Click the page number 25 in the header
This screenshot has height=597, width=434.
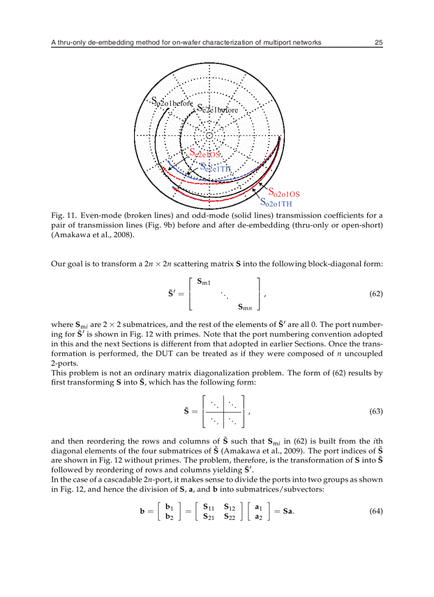tap(378, 43)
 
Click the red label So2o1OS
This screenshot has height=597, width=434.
tap(284, 194)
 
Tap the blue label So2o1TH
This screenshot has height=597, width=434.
tap(276, 203)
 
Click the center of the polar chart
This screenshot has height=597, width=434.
tap(209, 136)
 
